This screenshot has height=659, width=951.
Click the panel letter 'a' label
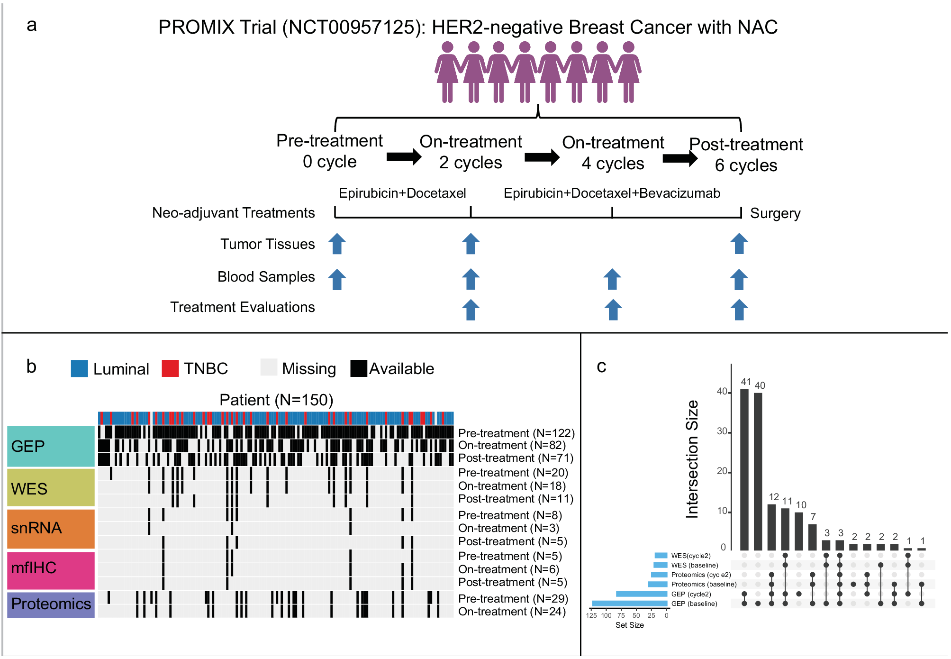(31, 25)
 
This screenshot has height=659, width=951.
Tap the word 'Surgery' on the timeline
(775, 213)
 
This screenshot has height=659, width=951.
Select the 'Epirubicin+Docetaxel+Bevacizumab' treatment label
(611, 193)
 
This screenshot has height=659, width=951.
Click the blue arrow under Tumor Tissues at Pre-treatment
(337, 244)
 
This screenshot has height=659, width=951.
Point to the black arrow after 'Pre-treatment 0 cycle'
(404, 157)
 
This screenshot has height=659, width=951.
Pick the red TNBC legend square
(170, 368)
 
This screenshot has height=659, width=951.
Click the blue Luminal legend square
(79, 368)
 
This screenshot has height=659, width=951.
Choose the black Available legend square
(359, 368)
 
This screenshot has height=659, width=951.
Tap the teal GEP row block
(51, 446)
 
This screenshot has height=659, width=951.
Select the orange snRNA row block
(51, 528)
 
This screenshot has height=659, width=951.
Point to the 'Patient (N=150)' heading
(276, 400)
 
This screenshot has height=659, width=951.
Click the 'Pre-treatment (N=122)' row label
(516, 433)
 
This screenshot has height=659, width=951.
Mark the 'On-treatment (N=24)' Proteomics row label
(512, 612)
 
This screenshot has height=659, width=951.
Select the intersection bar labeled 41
(744, 469)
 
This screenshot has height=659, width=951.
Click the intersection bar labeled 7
(813, 537)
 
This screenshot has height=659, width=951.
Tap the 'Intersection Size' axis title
(692, 459)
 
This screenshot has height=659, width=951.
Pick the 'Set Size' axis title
(629, 625)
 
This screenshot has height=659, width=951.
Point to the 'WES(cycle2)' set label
(690, 556)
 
